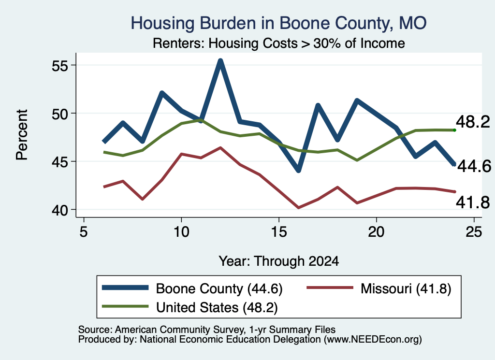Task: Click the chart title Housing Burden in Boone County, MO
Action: pyautogui.click(x=279, y=23)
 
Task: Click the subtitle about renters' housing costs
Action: pyautogui.click(x=279, y=43)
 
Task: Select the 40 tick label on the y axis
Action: pyautogui.click(x=60, y=210)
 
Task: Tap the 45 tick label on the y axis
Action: pyautogui.click(x=60, y=162)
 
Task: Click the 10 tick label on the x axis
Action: pyautogui.click(x=181, y=232)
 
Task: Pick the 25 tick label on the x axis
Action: pyautogui.click(x=474, y=232)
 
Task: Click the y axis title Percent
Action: pyautogui.click(x=22, y=135)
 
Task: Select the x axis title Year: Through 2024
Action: pyautogui.click(x=279, y=261)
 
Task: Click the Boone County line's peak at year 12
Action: pyautogui.click(x=220, y=60)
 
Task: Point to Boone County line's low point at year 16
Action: pyautogui.click(x=298, y=171)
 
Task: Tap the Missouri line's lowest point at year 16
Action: pyautogui.click(x=298, y=208)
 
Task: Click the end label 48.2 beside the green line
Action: pyautogui.click(x=473, y=122)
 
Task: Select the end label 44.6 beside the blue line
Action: pyautogui.click(x=474, y=166)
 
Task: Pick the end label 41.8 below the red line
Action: pyautogui.click(x=473, y=202)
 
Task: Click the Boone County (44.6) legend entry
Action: pyautogui.click(x=192, y=288)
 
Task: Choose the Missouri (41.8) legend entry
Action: pyautogui.click(x=379, y=288)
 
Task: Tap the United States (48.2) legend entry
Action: pyautogui.click(x=189, y=307)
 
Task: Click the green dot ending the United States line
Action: pyautogui.click(x=454, y=130)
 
